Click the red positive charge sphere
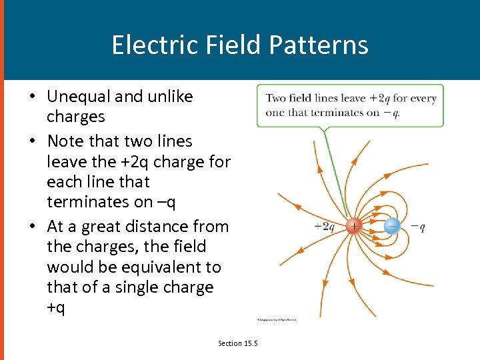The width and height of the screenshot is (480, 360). (x=353, y=226)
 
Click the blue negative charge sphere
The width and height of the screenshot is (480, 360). (x=393, y=226)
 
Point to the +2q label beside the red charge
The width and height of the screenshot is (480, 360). (x=325, y=227)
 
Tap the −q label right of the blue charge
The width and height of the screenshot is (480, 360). (x=418, y=227)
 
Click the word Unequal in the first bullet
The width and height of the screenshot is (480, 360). (x=78, y=97)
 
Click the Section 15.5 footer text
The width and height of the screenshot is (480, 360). (x=238, y=343)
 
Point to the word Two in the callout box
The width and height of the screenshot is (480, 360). (x=276, y=98)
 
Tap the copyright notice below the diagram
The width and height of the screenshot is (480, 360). (x=277, y=320)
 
